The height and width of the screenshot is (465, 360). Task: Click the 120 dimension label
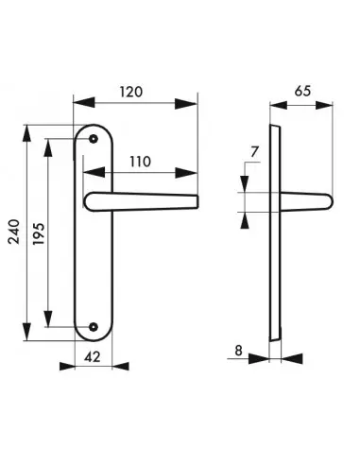point(131,92)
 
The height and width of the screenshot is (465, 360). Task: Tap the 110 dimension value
point(141,162)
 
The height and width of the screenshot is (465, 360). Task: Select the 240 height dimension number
point(14,232)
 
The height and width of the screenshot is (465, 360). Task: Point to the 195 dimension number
point(39,234)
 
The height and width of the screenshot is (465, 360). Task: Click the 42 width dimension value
point(93,357)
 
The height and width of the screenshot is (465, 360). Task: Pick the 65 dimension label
point(302,91)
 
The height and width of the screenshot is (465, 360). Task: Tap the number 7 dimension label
point(254,152)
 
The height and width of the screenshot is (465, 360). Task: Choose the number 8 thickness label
point(238,351)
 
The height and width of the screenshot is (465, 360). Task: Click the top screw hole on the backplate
point(93,139)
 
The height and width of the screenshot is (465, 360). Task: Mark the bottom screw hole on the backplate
point(93,327)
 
